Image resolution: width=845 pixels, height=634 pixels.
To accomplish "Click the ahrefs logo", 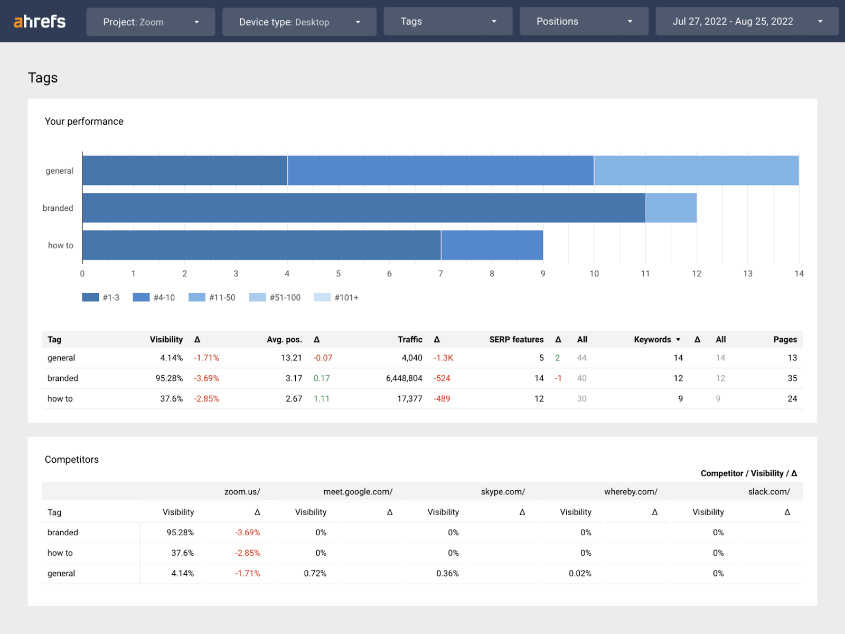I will [x=40, y=22].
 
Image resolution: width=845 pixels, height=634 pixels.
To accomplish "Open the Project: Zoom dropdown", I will [x=151, y=22].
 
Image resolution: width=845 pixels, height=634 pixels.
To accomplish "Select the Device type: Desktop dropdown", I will [x=299, y=22].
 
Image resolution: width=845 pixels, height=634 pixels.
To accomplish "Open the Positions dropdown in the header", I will [x=584, y=22].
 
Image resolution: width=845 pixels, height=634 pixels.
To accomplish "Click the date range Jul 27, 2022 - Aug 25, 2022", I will [x=746, y=22].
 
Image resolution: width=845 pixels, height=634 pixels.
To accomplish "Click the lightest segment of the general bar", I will [x=696, y=171].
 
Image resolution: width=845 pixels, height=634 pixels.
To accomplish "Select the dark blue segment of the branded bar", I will [x=363, y=208].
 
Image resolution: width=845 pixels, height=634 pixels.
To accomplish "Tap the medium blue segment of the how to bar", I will [x=492, y=245].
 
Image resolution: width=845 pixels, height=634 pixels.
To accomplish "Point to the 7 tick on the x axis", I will [x=440, y=274].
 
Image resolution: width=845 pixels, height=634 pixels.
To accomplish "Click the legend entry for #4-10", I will [x=154, y=297].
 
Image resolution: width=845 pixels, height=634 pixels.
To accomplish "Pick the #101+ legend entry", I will [x=336, y=297].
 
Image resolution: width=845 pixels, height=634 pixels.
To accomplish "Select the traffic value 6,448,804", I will [x=404, y=378].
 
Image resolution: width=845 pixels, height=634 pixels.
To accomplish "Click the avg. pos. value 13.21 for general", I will [x=291, y=358].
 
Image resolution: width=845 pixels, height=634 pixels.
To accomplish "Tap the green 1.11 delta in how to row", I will [x=321, y=399].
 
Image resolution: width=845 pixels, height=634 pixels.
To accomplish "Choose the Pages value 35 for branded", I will [x=792, y=378].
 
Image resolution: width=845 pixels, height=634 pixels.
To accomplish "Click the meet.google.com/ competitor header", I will [x=358, y=491].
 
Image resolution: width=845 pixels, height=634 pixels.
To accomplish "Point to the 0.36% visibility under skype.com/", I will [x=447, y=573].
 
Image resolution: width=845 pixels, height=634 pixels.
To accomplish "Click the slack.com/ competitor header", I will [x=768, y=491].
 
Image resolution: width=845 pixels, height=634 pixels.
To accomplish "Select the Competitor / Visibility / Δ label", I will [x=748, y=473].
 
